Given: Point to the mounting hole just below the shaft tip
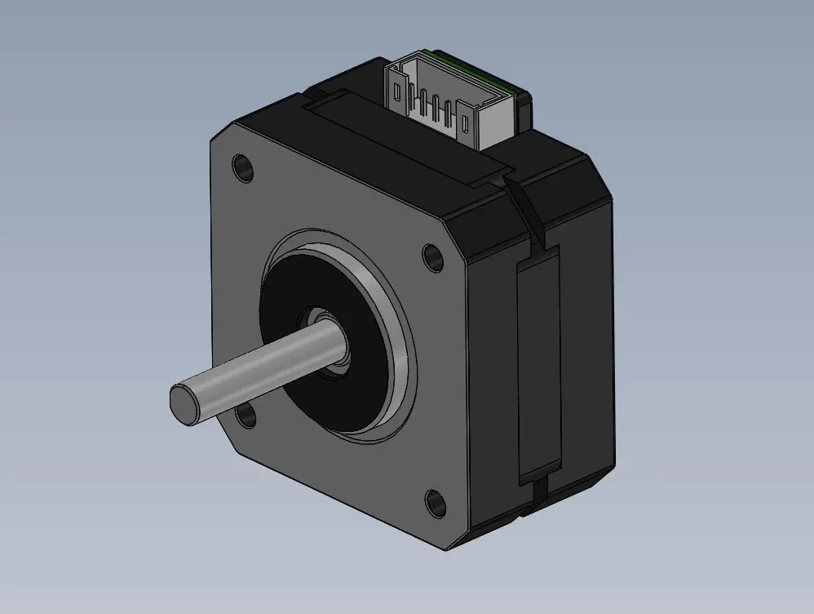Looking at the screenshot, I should click(246, 417).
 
